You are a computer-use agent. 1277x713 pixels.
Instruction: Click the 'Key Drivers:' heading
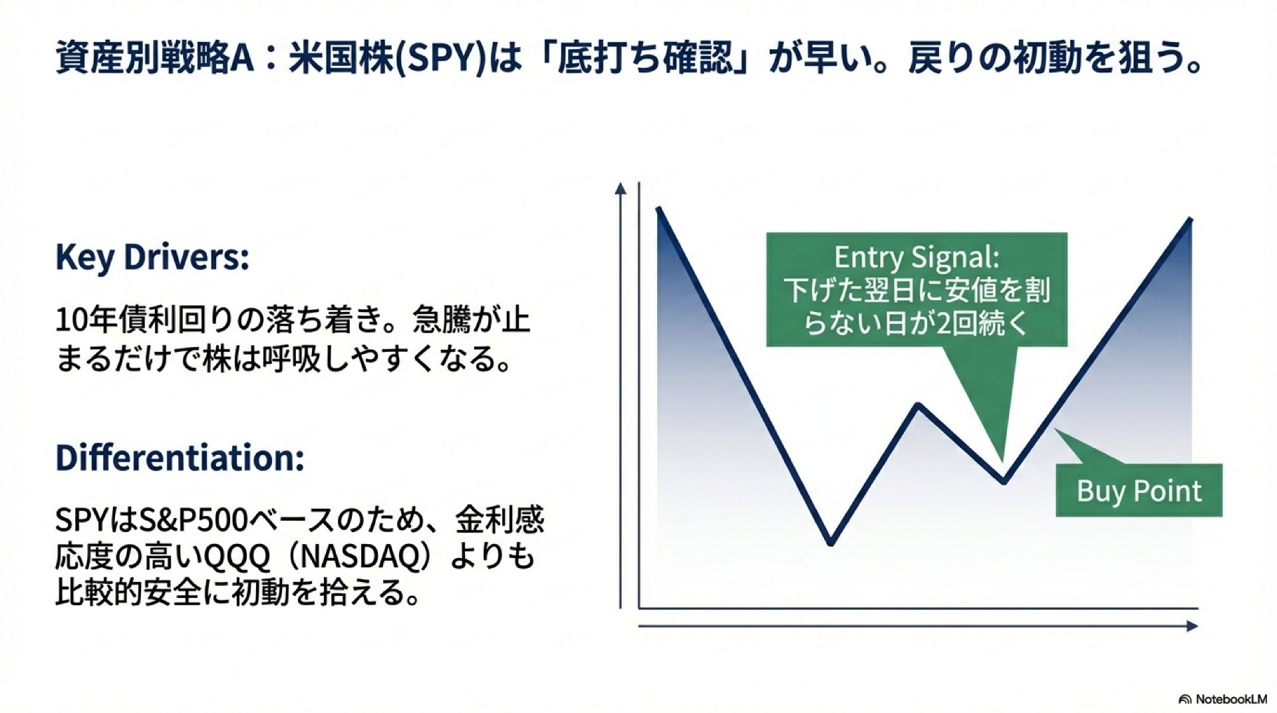152,257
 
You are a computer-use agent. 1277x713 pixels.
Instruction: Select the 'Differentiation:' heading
180,458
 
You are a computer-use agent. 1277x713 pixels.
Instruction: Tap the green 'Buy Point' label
1139,491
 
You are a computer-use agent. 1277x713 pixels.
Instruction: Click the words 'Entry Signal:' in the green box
917,257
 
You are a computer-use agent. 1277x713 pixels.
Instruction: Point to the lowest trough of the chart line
831,543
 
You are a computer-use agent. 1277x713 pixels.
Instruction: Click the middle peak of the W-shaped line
919,404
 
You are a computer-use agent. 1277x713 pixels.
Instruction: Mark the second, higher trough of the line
1004,481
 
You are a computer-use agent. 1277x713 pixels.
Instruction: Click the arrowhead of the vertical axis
621,188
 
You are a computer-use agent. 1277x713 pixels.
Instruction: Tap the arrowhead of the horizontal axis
1192,626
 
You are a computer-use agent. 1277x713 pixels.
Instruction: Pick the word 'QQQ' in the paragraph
236,557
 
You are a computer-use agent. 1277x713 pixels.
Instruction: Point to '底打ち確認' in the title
644,59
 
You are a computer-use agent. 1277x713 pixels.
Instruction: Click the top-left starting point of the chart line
658,210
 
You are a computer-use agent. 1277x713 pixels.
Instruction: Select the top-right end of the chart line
1191,219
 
